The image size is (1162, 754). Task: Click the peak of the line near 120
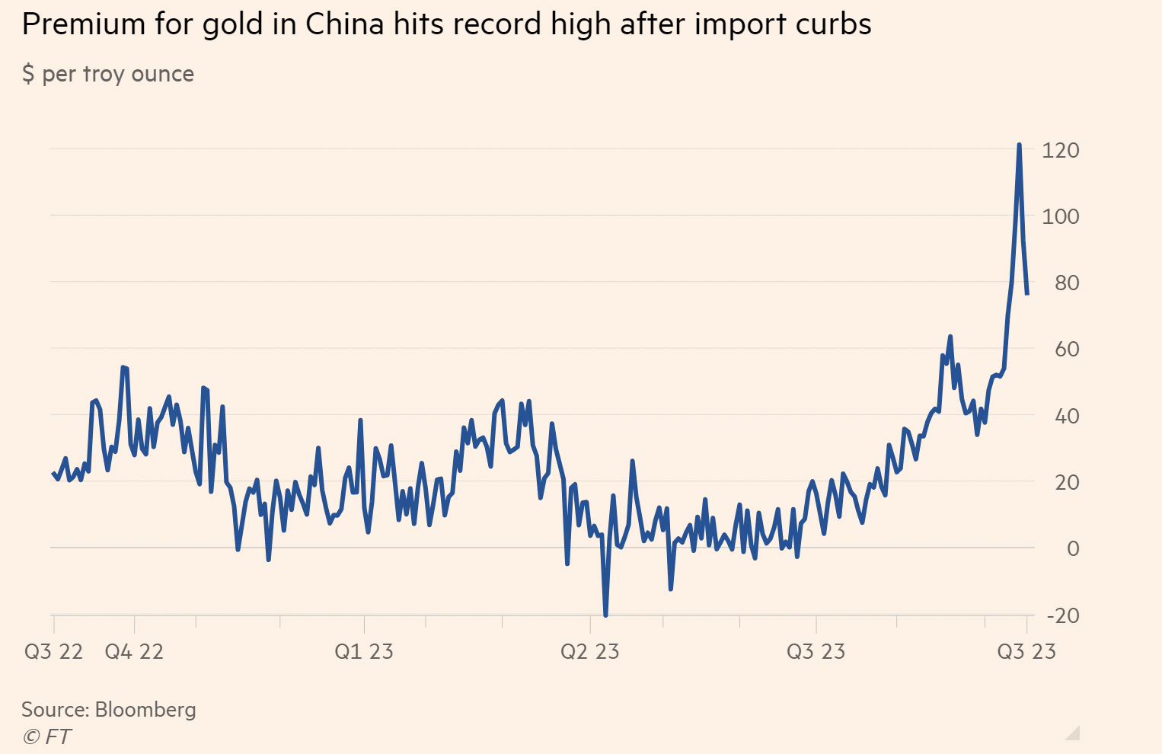tap(1019, 145)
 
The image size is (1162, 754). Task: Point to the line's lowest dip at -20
tap(605, 615)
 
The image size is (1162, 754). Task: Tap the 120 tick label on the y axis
tap(1061, 150)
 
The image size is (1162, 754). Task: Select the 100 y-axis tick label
tap(1061, 216)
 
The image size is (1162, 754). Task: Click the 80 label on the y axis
tap(1067, 283)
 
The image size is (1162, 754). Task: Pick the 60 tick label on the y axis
tap(1067, 349)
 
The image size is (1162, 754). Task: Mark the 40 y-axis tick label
tap(1067, 416)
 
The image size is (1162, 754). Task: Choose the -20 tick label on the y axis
tap(1063, 615)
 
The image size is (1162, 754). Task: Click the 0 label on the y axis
tap(1073, 548)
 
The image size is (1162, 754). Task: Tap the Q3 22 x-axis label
tap(53, 652)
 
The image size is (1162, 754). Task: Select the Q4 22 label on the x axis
tap(134, 652)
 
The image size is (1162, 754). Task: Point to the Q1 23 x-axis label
tap(364, 652)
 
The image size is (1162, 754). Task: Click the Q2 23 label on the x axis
tap(590, 652)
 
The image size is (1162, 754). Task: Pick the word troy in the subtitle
tap(104, 74)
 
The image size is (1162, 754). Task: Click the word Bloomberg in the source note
tap(145, 710)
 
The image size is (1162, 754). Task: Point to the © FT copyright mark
tap(46, 737)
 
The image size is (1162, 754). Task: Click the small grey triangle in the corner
tap(1074, 733)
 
